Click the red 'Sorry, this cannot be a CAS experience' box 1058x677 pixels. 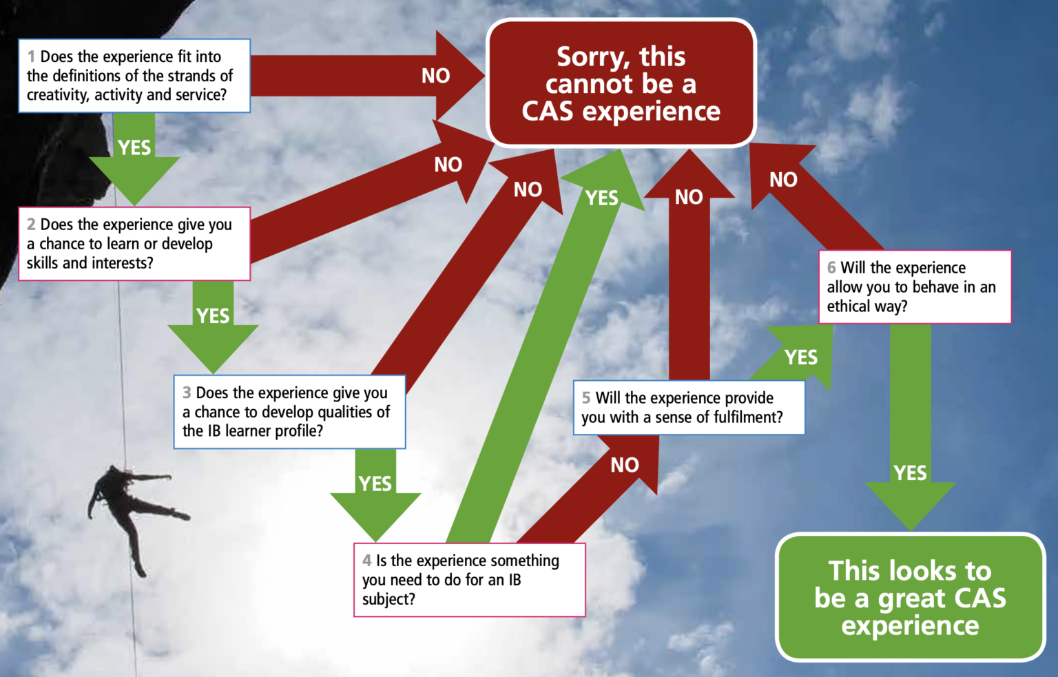click(x=621, y=83)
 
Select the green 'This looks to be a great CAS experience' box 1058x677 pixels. click(x=910, y=597)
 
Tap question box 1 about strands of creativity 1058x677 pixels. click(x=134, y=76)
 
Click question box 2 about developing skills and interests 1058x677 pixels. click(x=134, y=244)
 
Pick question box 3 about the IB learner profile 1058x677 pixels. click(x=289, y=412)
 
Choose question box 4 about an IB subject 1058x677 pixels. click(x=469, y=580)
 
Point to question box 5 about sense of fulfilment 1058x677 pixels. click(x=688, y=408)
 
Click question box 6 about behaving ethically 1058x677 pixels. click(x=915, y=287)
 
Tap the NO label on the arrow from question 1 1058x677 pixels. click(x=435, y=76)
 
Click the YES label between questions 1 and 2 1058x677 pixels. click(x=134, y=147)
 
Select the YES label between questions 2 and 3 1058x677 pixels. click(x=213, y=316)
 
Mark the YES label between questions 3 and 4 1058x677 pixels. click(x=375, y=484)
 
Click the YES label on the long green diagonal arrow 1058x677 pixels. click(x=601, y=198)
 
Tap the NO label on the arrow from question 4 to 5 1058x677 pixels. click(x=625, y=466)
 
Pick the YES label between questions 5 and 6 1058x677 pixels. click(x=801, y=357)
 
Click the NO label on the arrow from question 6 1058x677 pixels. click(x=783, y=180)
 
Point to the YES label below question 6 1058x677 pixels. click(x=910, y=473)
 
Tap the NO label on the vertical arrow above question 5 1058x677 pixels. click(x=688, y=198)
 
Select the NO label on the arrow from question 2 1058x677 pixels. click(x=448, y=165)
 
